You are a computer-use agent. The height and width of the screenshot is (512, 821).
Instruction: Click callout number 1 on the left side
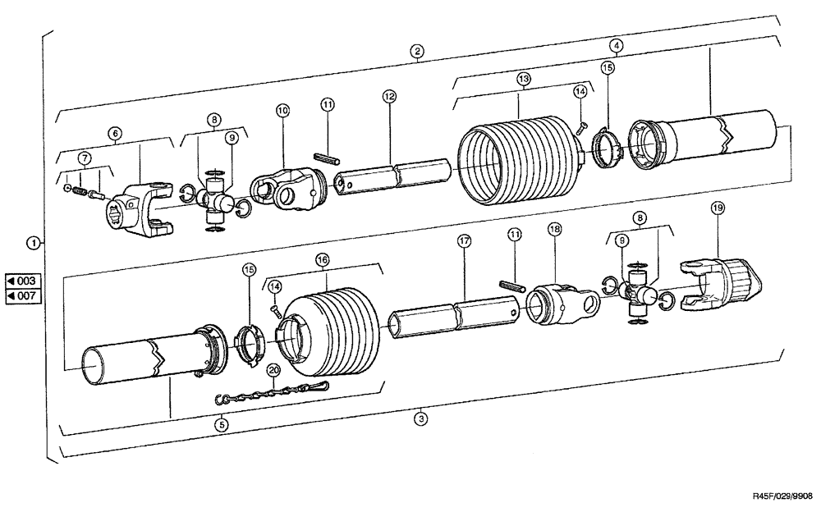[x=32, y=242]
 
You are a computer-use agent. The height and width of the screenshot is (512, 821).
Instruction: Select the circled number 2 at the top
[x=418, y=51]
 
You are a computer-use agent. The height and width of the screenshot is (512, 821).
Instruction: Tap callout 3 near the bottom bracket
[x=421, y=418]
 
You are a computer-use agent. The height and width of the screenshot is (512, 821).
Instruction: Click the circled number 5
[x=220, y=424]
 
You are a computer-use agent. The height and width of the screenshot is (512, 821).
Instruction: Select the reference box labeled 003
[x=21, y=281]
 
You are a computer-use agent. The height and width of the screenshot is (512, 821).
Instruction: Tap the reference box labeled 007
[x=21, y=295]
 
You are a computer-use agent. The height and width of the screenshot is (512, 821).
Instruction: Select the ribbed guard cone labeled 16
[x=328, y=325]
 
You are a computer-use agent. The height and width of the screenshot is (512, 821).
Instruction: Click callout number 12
[x=389, y=96]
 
